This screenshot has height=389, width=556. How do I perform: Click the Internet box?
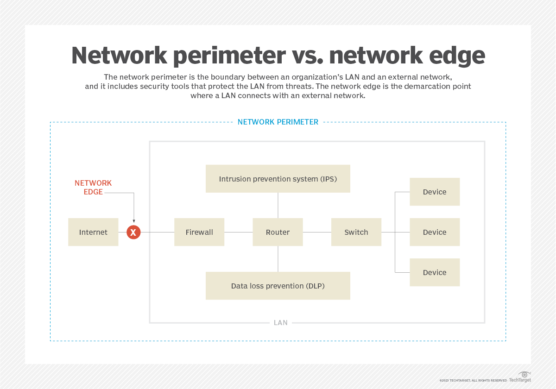(x=93, y=232)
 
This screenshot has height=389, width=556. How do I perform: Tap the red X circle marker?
(x=133, y=232)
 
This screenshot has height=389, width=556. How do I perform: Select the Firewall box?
(x=199, y=232)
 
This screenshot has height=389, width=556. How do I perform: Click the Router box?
(x=278, y=232)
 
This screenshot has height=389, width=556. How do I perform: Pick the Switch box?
(x=356, y=232)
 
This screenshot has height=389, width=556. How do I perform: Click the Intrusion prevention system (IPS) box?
(x=278, y=179)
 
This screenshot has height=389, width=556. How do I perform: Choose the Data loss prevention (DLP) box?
(x=278, y=286)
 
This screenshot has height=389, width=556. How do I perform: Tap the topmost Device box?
(x=435, y=192)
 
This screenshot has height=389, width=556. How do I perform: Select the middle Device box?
(x=435, y=232)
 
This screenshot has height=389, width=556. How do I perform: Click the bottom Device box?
(x=435, y=272)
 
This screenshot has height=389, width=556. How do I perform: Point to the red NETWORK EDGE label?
(x=93, y=187)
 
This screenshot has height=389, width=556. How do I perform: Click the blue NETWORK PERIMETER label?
(x=278, y=122)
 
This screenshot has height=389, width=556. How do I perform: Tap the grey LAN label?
(x=281, y=322)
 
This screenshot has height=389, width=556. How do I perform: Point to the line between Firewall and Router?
(x=239, y=232)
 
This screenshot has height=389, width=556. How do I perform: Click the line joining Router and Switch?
(x=317, y=232)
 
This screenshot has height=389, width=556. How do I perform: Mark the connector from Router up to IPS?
(x=278, y=205)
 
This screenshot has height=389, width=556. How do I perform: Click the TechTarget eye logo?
(x=524, y=374)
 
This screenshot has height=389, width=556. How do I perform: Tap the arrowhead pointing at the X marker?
(x=133, y=221)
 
